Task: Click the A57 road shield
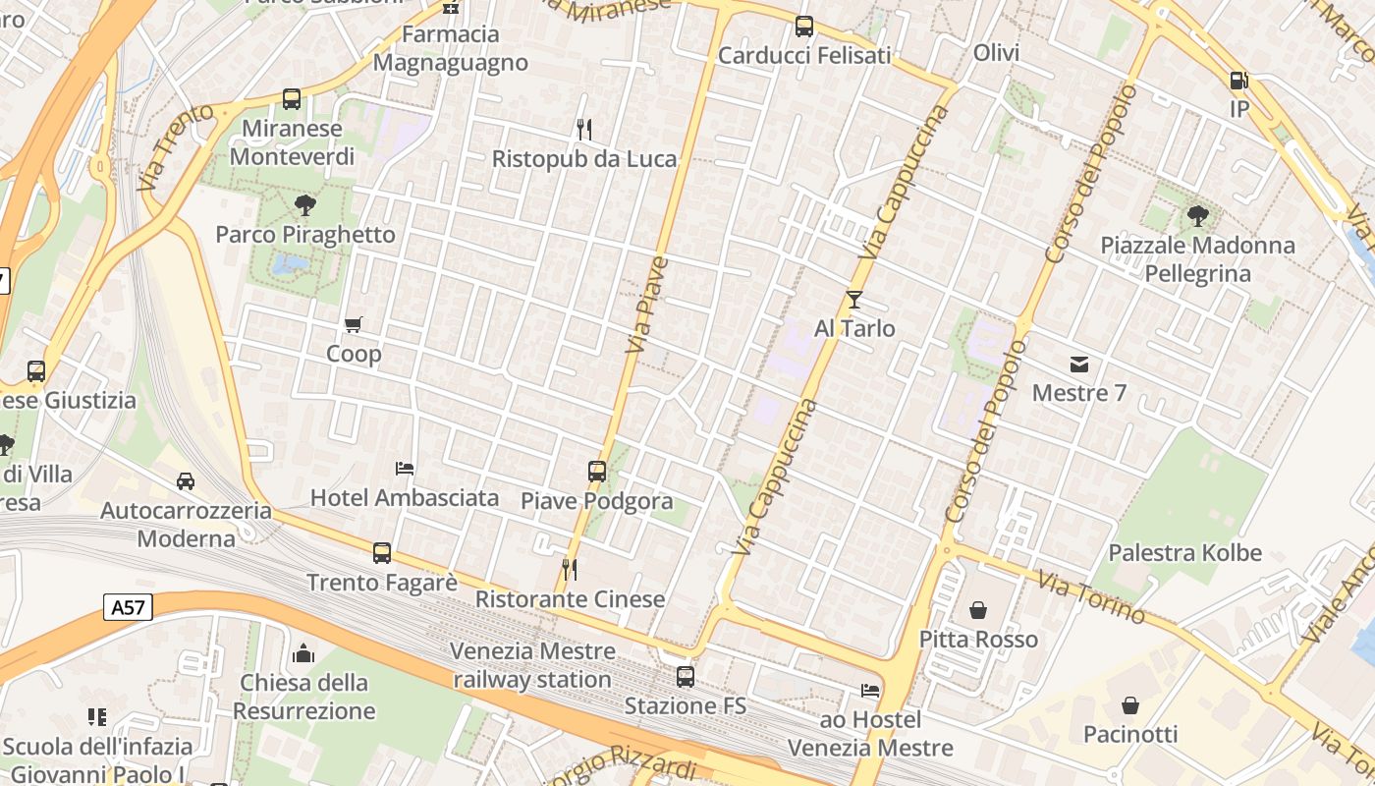(x=128, y=607)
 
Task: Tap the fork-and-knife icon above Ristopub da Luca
(x=584, y=130)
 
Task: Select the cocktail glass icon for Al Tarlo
(x=854, y=299)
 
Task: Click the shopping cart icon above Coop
(x=354, y=324)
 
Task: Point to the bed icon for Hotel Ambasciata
(x=405, y=469)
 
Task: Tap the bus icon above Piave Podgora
(x=597, y=472)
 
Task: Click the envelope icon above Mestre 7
(x=1079, y=365)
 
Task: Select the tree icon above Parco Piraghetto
(x=305, y=205)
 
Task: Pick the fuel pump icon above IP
(x=1239, y=81)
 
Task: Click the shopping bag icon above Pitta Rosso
(x=978, y=610)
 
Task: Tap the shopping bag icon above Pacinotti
(x=1130, y=705)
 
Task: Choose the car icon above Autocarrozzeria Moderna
(x=186, y=481)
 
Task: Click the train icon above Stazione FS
(x=686, y=677)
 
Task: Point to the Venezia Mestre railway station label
(x=533, y=665)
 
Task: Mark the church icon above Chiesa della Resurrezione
(x=304, y=653)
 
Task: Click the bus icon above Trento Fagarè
(x=382, y=553)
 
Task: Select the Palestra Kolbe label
(x=1184, y=552)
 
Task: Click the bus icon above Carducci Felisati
(x=804, y=27)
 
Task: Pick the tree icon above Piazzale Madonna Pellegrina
(x=1197, y=216)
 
